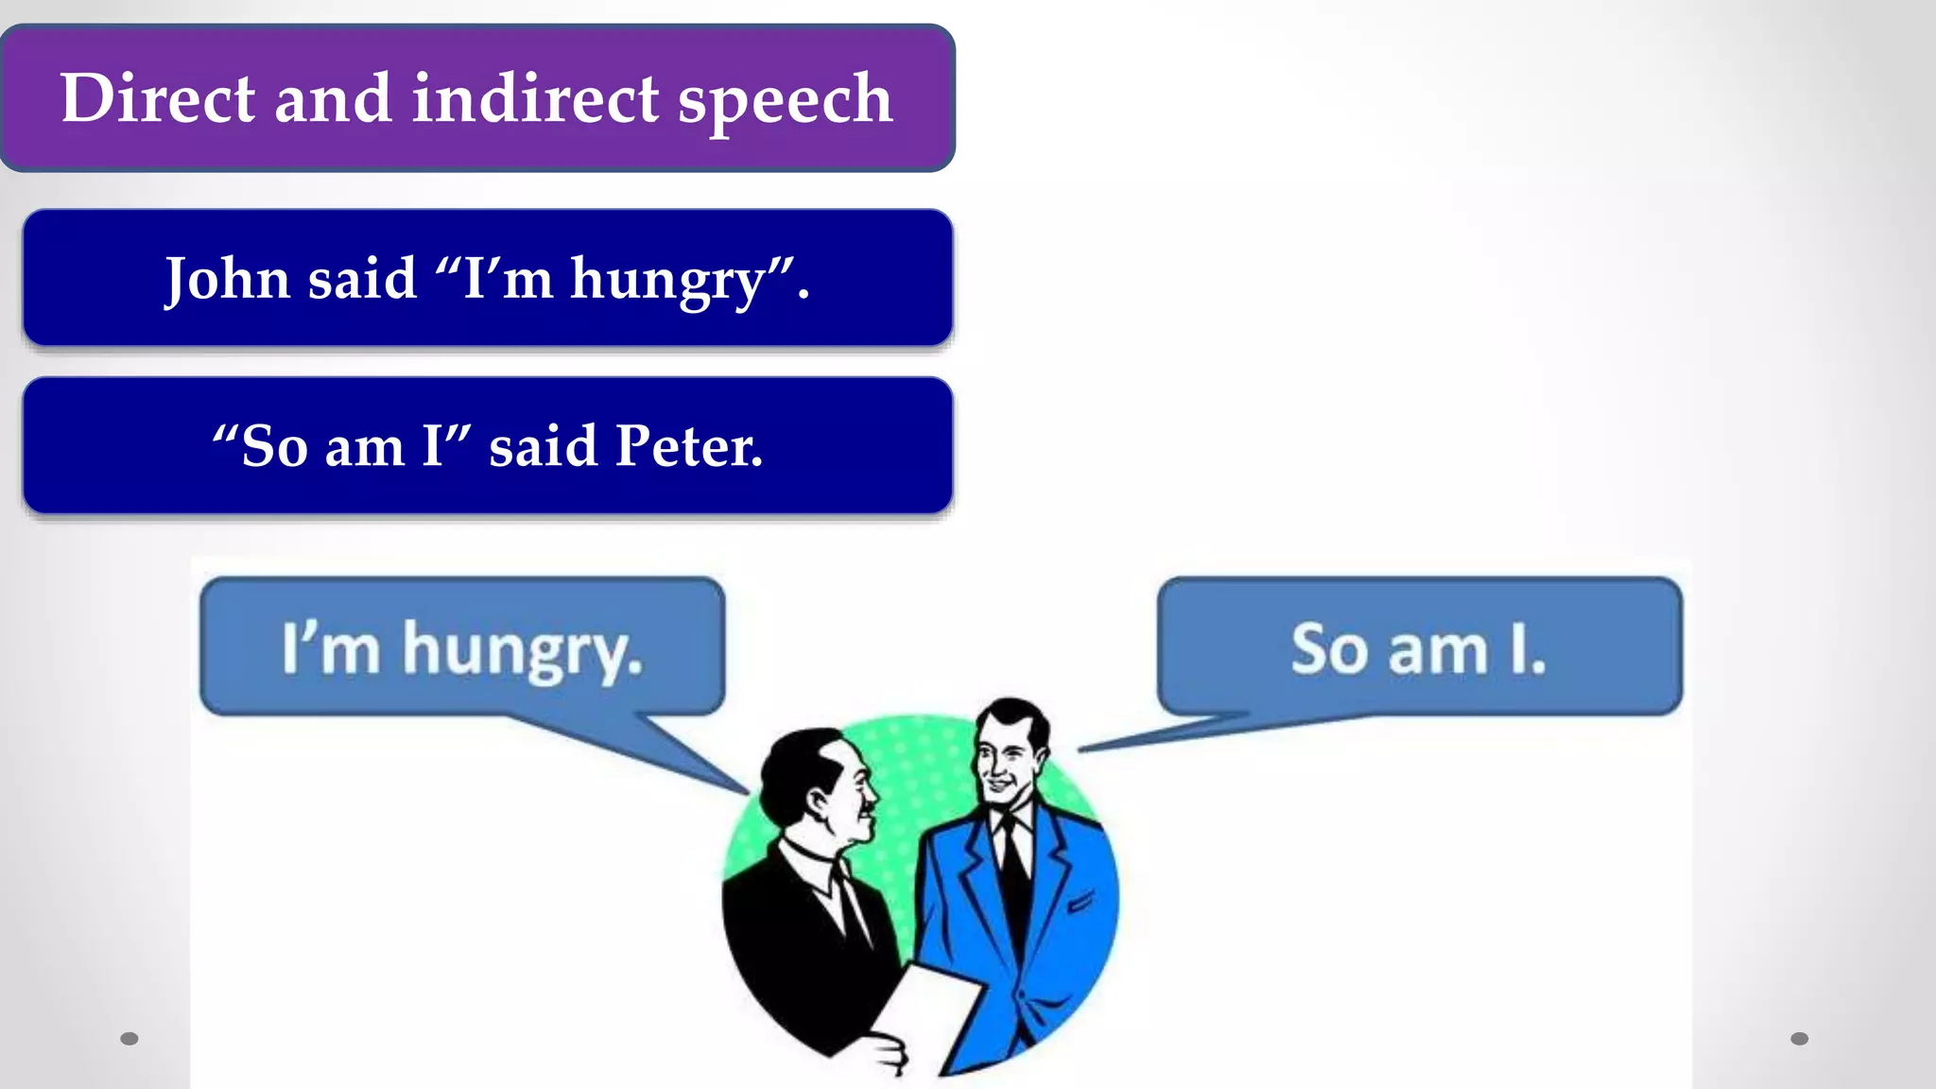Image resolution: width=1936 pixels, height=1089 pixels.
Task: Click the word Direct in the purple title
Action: pyautogui.click(x=158, y=98)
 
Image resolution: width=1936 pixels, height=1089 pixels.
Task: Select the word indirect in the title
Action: pyautogui.click(x=535, y=98)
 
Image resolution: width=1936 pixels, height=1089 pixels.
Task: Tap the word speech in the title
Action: pyautogui.click(x=785, y=100)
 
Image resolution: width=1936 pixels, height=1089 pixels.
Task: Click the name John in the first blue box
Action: pyautogui.click(x=228, y=279)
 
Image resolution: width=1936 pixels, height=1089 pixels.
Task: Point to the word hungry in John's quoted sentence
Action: pyautogui.click(x=666, y=281)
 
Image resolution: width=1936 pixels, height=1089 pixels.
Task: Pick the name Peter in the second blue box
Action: pyautogui.click(x=688, y=446)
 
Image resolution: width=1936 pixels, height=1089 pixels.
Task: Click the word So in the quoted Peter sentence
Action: pyautogui.click(x=274, y=446)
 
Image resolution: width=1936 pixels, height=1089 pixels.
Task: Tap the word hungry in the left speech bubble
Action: pyautogui.click(x=522, y=651)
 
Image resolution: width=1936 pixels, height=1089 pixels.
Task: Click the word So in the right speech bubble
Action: pyautogui.click(x=1329, y=649)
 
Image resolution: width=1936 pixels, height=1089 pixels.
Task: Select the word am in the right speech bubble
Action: pyautogui.click(x=1438, y=651)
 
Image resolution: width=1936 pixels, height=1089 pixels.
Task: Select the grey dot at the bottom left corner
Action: pyautogui.click(x=130, y=1039)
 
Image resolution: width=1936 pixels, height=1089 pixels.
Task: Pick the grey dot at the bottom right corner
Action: pyautogui.click(x=1799, y=1039)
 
